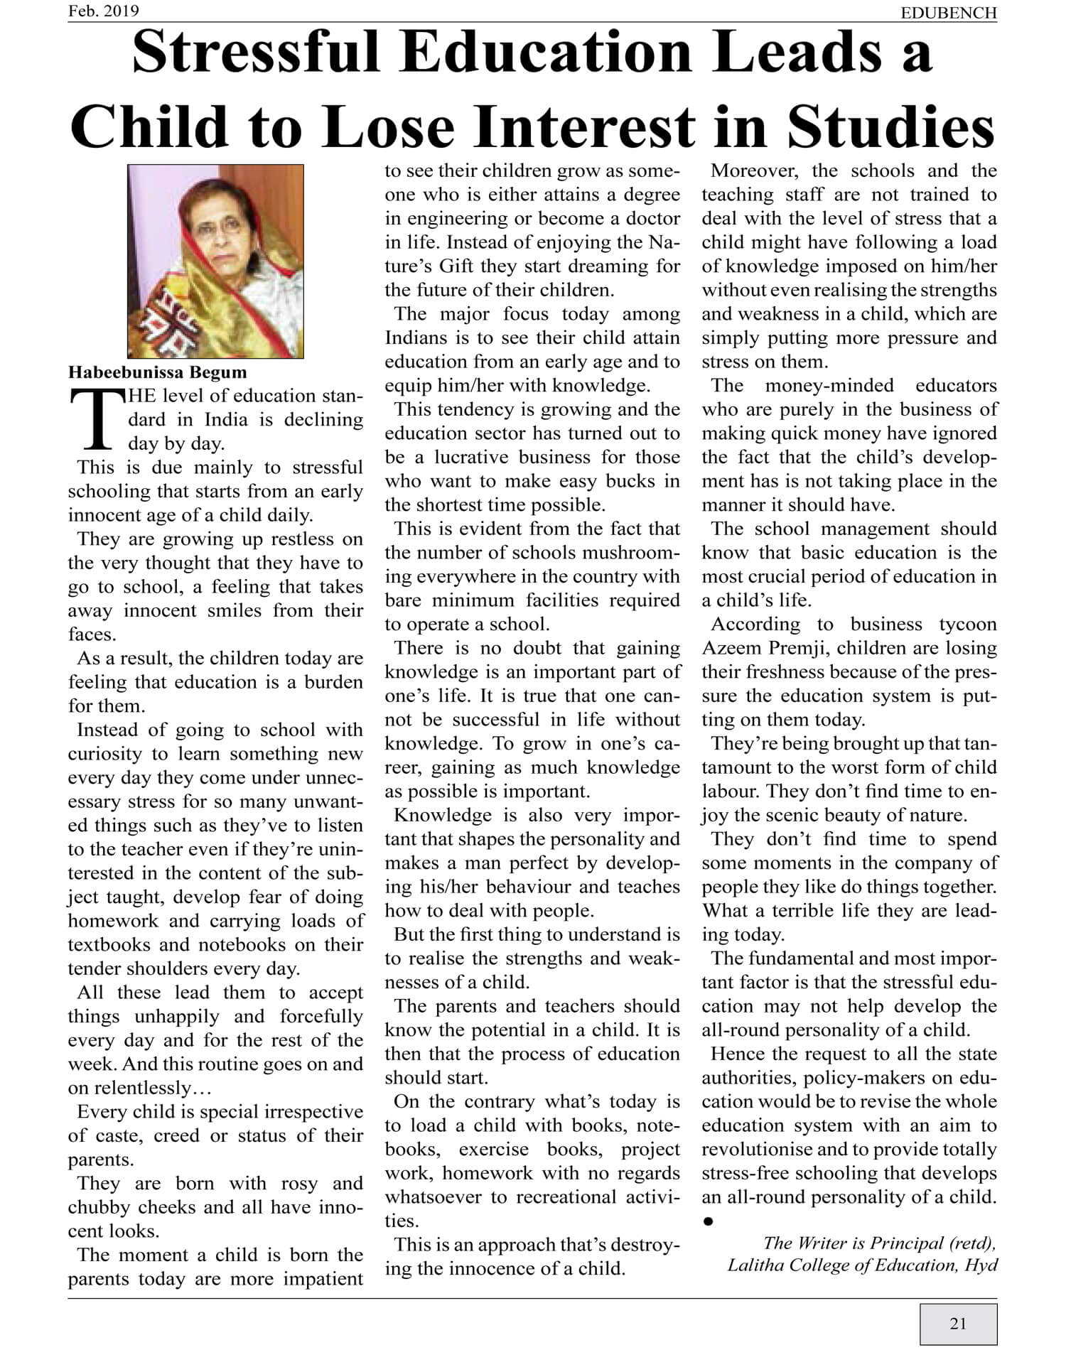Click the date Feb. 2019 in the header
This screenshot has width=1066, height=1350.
click(x=104, y=11)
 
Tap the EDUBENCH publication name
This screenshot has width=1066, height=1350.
click(x=948, y=13)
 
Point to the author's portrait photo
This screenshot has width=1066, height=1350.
click(x=215, y=261)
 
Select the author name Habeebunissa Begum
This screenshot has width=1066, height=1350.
click(x=158, y=372)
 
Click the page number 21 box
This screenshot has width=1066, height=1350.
click(x=958, y=1323)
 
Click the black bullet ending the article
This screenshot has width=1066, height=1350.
click(x=708, y=1221)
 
